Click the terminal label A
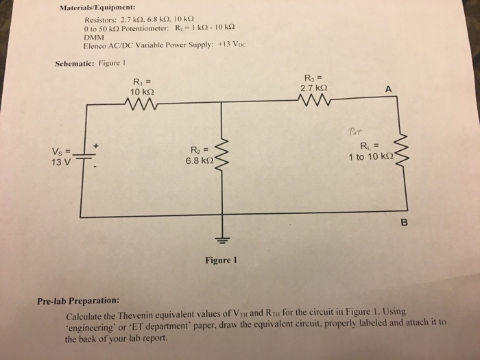389,88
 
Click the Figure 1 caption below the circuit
220,261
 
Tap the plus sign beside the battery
96,145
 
